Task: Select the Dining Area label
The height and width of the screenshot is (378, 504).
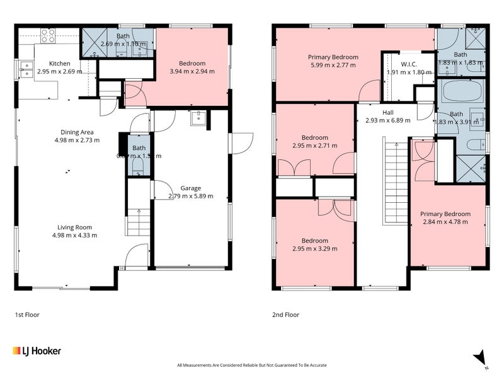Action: coord(77,132)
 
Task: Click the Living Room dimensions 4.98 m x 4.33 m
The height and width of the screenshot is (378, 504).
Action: coord(75,235)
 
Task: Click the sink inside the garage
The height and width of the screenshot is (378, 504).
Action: coord(198,118)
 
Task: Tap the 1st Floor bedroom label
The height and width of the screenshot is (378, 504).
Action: coord(192,64)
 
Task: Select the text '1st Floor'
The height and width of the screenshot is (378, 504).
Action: coord(27,314)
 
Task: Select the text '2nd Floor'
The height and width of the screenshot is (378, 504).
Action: coord(286,314)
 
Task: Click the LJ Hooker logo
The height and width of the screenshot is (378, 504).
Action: coord(37,351)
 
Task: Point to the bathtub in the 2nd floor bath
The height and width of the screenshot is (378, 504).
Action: coord(461,92)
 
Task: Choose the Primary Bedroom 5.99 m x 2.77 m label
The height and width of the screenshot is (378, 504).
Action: coord(333,57)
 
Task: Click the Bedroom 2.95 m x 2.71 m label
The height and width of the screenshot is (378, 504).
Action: coord(314,137)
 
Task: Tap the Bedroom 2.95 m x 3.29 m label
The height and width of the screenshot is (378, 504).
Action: coord(314,241)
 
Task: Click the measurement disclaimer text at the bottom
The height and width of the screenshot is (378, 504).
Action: coord(252,365)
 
